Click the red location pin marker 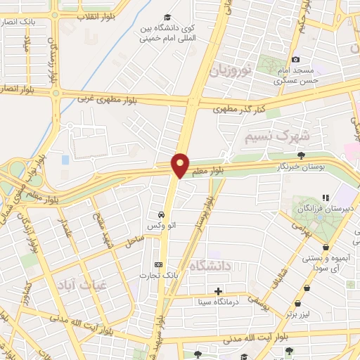pyautogui.click(x=181, y=165)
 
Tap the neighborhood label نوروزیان pyautogui.click(x=229, y=70)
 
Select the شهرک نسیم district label pyautogui.click(x=266, y=136)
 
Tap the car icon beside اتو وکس pyautogui.click(x=161, y=214)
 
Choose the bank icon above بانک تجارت pyautogui.click(x=157, y=265)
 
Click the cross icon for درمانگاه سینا pyautogui.click(x=218, y=291)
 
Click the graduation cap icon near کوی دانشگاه pyautogui.click(x=167, y=17)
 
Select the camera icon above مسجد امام pyautogui.click(x=295, y=60)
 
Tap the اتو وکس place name pyautogui.click(x=161, y=226)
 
